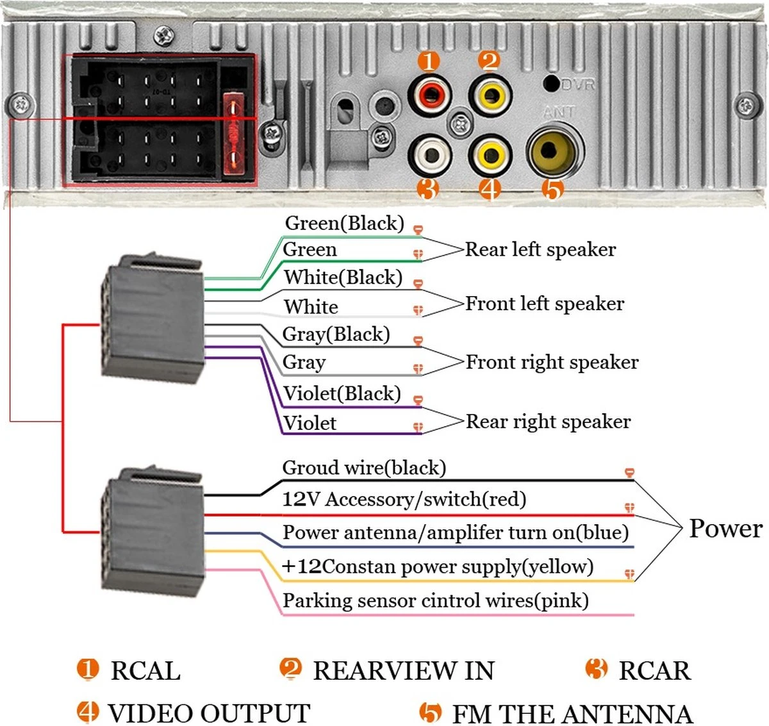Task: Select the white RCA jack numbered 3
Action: [429, 154]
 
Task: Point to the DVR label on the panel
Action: [578, 85]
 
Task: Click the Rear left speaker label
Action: [540, 249]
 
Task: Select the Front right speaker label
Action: [552, 362]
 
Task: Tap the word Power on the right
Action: [725, 529]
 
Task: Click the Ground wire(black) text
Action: [364, 468]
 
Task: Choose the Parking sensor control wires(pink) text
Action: [436, 601]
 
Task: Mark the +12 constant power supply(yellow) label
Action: [438, 566]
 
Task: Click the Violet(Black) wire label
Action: [342, 393]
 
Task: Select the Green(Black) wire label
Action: [345, 223]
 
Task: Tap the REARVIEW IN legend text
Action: [404, 671]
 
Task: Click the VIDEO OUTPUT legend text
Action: [209, 713]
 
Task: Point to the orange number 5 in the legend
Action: [431, 713]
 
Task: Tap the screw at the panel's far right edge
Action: [745, 104]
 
